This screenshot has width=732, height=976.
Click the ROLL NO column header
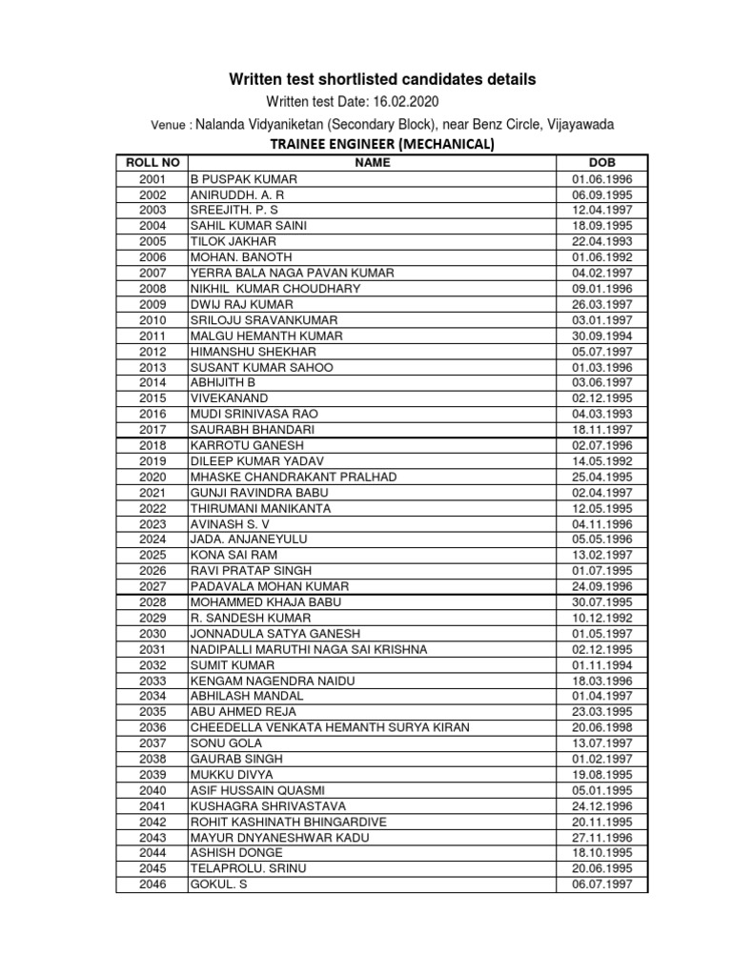point(152,163)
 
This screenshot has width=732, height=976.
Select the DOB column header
point(601,163)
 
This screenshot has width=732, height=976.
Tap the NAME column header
point(373,163)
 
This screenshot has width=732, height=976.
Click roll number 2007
point(152,273)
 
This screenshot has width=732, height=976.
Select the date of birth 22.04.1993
point(601,241)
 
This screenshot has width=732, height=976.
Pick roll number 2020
point(152,477)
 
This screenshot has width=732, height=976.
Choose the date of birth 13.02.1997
point(601,555)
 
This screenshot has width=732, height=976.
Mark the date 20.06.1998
point(601,727)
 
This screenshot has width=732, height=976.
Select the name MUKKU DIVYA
point(231,774)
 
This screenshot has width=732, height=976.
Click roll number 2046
point(152,884)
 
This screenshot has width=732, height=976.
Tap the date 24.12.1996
point(601,805)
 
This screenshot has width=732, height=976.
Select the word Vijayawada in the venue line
point(576,124)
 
